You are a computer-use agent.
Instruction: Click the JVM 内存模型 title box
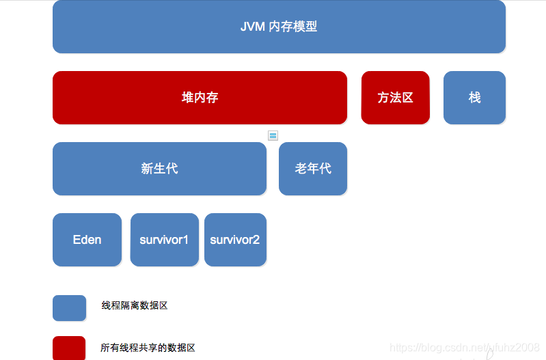279,27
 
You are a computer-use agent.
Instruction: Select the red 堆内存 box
200,98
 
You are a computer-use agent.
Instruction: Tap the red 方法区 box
395,98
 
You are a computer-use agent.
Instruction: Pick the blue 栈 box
474,98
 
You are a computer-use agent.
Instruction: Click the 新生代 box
159,169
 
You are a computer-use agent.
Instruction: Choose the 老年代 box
313,169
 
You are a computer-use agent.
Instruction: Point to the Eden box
87,240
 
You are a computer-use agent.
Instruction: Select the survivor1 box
165,240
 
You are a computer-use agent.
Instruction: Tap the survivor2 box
235,240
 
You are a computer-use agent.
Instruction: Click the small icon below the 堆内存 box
273,135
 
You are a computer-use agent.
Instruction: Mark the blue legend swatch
69,308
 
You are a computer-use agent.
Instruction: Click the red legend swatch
69,348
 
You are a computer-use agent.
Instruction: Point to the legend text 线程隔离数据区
135,305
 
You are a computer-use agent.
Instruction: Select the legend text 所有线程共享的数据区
148,348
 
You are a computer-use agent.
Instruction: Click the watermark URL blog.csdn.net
465,348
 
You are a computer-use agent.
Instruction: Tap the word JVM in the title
253,27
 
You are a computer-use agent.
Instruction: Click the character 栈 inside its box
475,98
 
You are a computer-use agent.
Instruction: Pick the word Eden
87,240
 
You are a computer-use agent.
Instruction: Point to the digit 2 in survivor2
256,240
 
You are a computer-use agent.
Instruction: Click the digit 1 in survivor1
185,240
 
